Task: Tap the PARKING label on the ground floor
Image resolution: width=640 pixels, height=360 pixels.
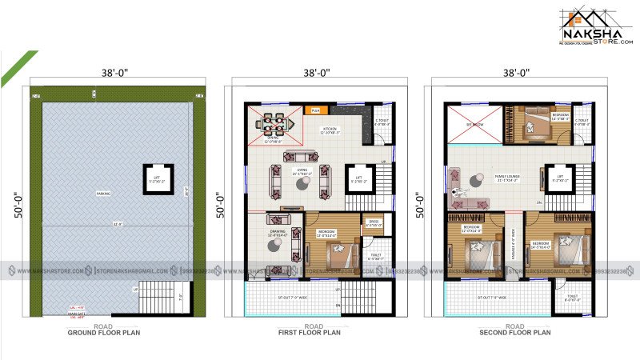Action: pyautogui.click(x=104, y=193)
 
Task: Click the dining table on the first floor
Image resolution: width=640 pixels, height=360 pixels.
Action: pyautogui.click(x=273, y=124)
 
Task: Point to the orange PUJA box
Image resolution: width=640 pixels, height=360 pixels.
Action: pyautogui.click(x=315, y=110)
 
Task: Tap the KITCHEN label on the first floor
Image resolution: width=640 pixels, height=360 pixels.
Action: pyautogui.click(x=330, y=130)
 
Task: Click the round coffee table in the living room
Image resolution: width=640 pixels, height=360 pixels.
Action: pyautogui.click(x=303, y=183)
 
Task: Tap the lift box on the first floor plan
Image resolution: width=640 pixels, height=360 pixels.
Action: pyautogui.click(x=359, y=179)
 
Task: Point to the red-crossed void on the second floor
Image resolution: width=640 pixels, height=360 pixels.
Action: pyautogui.click(x=464, y=124)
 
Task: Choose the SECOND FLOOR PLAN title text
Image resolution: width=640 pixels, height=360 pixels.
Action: pyautogui.click(x=514, y=332)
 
